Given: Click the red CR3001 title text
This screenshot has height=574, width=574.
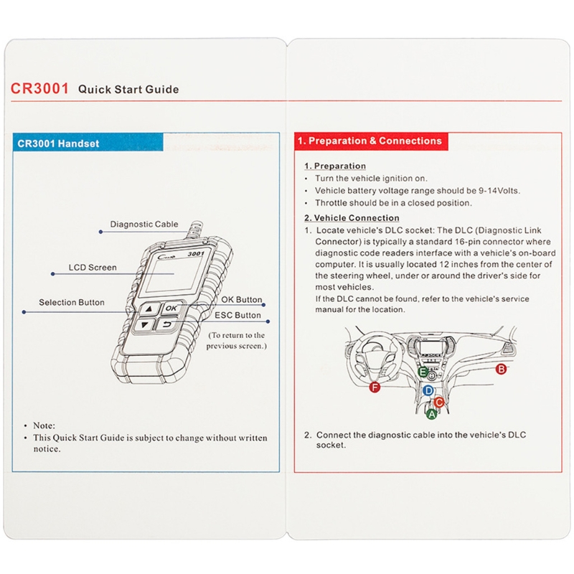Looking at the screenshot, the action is tap(39, 88).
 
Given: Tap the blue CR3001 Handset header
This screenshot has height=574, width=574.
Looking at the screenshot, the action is tap(88, 142).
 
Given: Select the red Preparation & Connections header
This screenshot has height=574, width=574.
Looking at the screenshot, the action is tap(371, 141).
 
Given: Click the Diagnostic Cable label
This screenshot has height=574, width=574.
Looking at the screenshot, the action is tap(144, 224).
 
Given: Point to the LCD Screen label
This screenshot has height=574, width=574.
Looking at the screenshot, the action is tap(93, 268).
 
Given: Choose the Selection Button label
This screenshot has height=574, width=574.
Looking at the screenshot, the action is tap(72, 302).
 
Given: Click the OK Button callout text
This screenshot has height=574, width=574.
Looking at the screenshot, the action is tap(242, 300).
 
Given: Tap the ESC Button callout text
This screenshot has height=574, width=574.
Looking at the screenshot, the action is tap(237, 315).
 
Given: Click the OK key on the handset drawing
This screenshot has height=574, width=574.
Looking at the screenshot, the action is tap(170, 309).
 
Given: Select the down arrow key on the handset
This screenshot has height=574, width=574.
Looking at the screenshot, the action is tap(144, 325).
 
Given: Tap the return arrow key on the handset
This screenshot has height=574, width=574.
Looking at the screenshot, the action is tap(166, 324).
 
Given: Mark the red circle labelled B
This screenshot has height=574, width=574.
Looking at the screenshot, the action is tap(501, 369).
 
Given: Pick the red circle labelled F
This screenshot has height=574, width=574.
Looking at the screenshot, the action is tap(375, 387).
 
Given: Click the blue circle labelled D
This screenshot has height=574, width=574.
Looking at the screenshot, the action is tap(428, 390).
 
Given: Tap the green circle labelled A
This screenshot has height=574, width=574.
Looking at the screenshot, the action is tap(432, 414).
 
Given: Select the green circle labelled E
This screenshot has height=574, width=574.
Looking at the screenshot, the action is tap(423, 372).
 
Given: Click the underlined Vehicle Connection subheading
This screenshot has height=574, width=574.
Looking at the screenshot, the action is tap(352, 218).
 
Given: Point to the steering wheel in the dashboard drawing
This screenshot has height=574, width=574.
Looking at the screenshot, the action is tap(372, 356).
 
